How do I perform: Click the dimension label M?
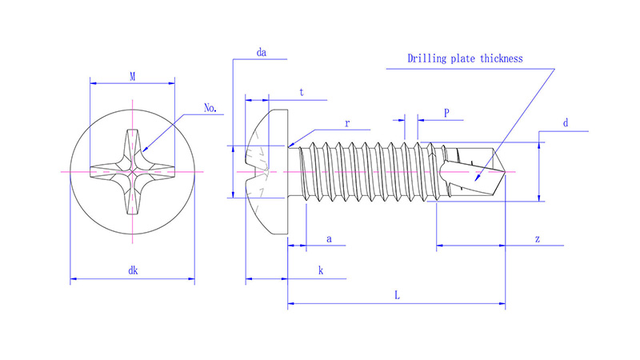132,76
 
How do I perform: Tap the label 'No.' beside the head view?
211,107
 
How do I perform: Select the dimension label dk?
133,271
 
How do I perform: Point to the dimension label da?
261,53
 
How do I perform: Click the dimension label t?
301,93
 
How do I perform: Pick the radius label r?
347,124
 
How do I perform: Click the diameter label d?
565,123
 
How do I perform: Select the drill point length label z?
537,239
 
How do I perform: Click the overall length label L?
397,295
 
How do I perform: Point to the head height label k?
321,271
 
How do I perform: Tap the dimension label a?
328,239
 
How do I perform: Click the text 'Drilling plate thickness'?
465,58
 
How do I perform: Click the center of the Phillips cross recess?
132,171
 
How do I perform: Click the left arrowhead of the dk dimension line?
73,279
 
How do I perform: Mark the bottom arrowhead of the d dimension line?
540,198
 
